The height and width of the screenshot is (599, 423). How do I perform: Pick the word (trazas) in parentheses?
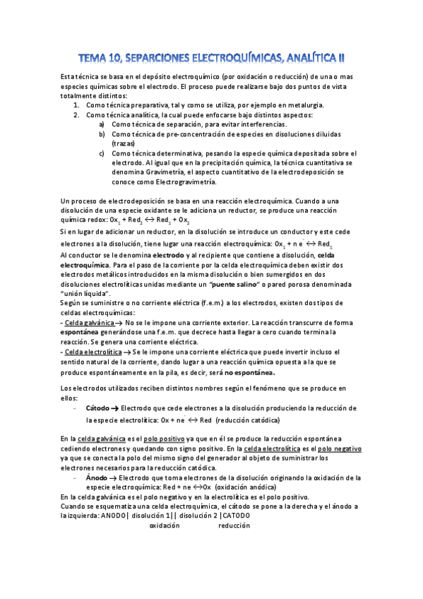(124, 143)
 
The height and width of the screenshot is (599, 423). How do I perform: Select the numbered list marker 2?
(76, 114)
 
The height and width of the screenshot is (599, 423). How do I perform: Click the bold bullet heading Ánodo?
(96, 478)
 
